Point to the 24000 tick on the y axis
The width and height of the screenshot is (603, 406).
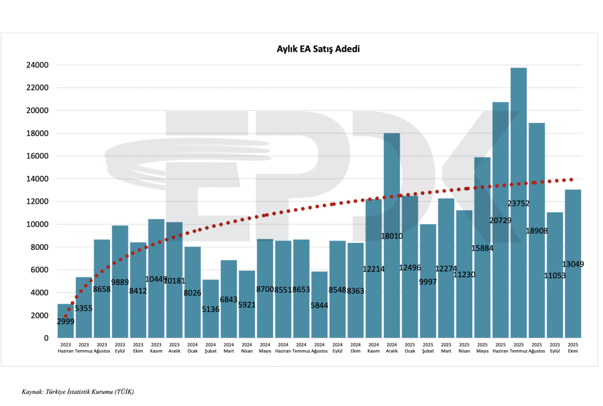coord(37,65)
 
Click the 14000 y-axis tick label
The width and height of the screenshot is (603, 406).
coord(37,179)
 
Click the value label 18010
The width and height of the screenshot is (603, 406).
coord(392,236)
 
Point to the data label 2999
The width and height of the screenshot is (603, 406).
coord(66,321)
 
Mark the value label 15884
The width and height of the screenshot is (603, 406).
coord(482,248)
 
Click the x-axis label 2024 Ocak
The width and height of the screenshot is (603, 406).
coord(193,348)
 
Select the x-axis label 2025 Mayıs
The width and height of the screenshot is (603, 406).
coord(482,348)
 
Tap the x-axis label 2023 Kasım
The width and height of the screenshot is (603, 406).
coord(156,348)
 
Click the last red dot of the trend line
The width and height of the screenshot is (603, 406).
coord(571,180)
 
